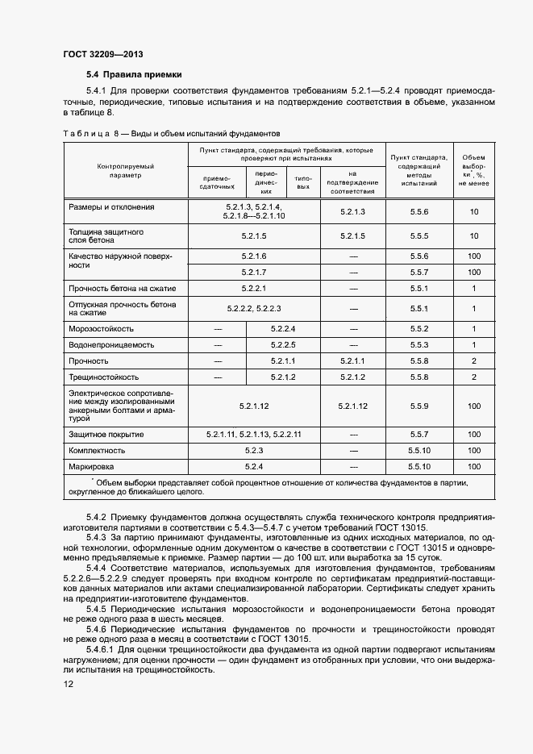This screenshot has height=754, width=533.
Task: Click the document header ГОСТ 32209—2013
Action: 102,55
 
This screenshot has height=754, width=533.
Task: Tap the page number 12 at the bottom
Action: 68,684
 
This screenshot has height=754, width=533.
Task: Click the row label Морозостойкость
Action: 102,329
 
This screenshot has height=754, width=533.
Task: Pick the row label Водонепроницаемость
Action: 110,345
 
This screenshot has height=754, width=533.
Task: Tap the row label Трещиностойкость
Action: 104,377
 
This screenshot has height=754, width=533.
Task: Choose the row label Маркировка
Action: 92,466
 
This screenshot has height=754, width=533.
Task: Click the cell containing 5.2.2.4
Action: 283,329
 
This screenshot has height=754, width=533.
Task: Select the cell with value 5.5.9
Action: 418,406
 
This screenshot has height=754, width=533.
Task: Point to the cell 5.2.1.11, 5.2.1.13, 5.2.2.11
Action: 253,435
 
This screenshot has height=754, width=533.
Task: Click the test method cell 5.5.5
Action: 418,235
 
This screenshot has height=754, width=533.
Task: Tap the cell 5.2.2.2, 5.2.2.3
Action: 253,308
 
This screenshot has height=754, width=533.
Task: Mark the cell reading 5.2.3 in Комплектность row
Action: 253,450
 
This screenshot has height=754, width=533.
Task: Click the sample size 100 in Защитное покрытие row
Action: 474,435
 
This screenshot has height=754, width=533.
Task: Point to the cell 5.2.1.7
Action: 253,272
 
